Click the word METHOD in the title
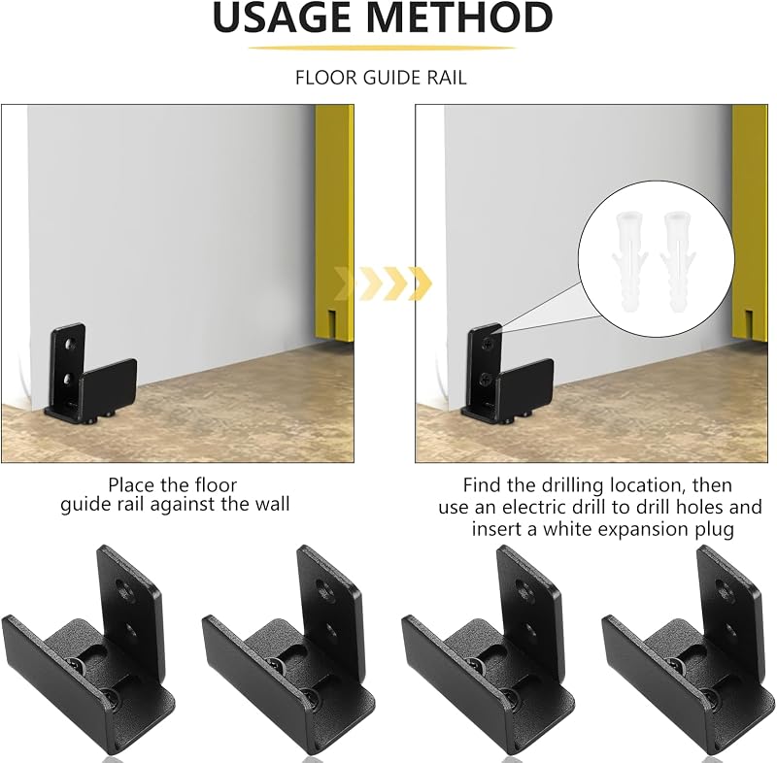point(459,17)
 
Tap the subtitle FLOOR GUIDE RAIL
point(381,78)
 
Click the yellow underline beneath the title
point(382,48)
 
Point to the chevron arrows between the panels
point(383,283)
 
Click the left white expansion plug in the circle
point(628,262)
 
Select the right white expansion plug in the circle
point(677,262)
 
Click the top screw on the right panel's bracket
point(490,342)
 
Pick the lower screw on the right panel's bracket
point(486,380)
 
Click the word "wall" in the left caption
point(272,505)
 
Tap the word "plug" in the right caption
point(714,530)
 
